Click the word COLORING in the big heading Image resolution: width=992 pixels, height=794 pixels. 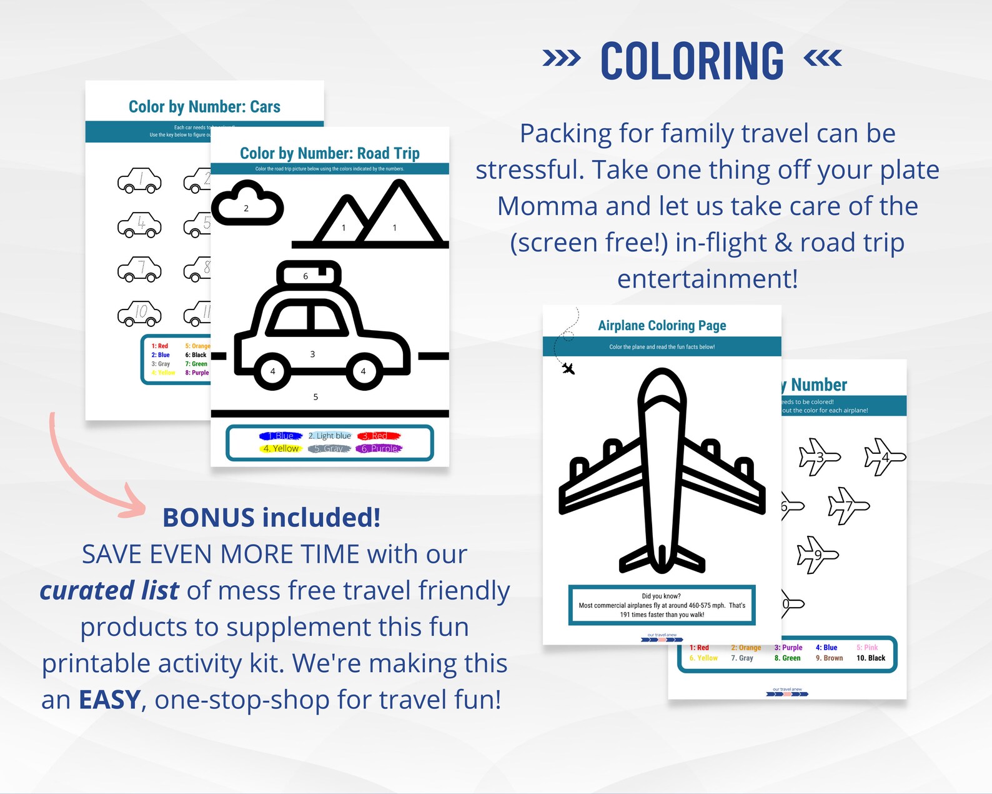pos(692,61)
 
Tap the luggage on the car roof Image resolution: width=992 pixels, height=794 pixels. pos(309,274)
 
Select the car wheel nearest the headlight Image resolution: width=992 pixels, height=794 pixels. pos(363,371)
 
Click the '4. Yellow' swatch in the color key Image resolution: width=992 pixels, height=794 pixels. pos(281,448)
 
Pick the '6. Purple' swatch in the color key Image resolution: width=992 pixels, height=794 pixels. pos(379,448)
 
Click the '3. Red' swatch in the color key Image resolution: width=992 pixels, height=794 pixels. pos(378,436)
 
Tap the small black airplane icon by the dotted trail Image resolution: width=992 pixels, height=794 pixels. pos(568,368)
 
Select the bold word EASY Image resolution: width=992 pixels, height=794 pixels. pos(109,700)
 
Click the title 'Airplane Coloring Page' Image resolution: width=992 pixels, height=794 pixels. pos(662,325)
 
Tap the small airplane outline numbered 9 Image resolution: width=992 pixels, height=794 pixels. pos(817,554)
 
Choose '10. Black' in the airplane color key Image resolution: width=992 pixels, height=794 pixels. pos(871,658)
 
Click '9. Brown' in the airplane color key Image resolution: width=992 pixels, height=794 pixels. pos(829,658)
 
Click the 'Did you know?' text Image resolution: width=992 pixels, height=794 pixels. pos(661,596)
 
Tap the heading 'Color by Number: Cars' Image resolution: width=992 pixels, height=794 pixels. pos(204,107)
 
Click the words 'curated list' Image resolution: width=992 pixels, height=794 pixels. pos(109,591)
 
